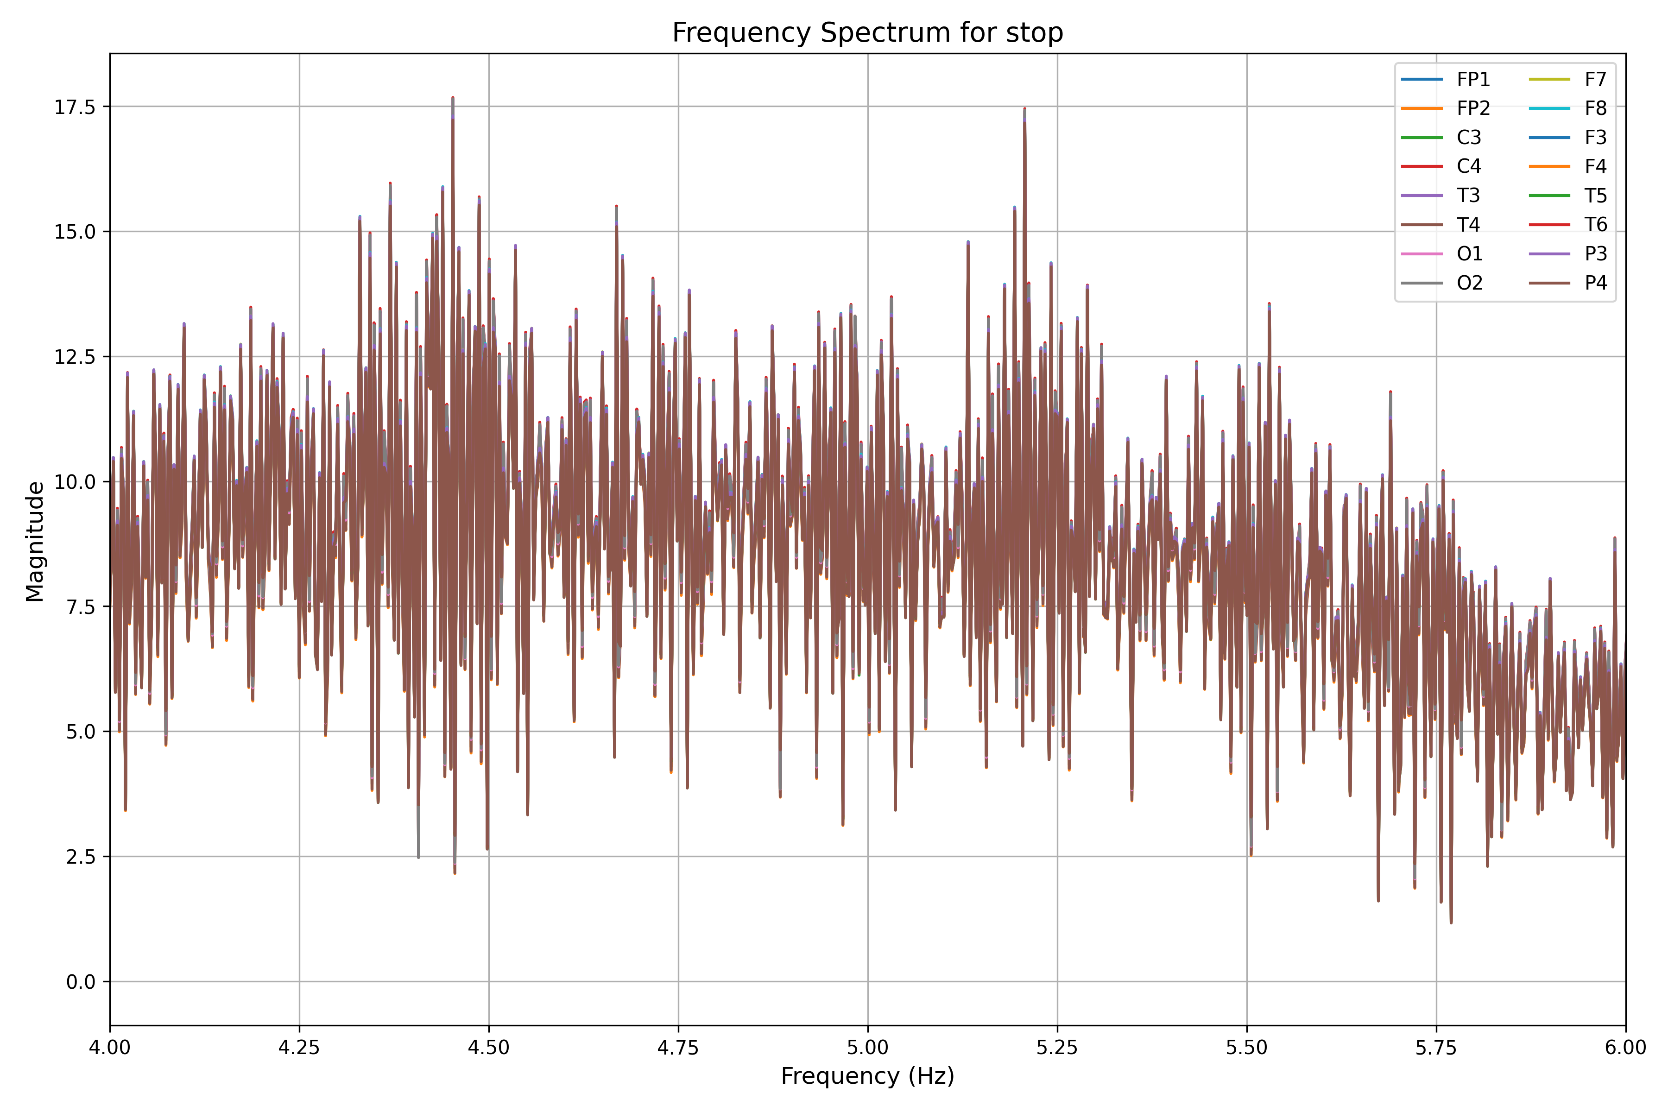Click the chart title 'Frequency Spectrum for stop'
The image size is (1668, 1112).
(867, 32)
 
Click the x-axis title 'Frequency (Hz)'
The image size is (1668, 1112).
(867, 1076)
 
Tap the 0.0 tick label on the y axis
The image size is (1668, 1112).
(80, 982)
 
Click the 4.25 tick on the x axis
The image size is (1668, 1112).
(299, 1048)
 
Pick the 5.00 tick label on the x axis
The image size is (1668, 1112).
(867, 1048)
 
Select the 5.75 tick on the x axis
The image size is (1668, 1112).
(1436, 1048)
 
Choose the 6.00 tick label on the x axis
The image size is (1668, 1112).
(1625, 1048)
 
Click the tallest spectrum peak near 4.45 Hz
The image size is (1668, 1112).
(453, 98)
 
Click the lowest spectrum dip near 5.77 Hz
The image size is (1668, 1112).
(1451, 922)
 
